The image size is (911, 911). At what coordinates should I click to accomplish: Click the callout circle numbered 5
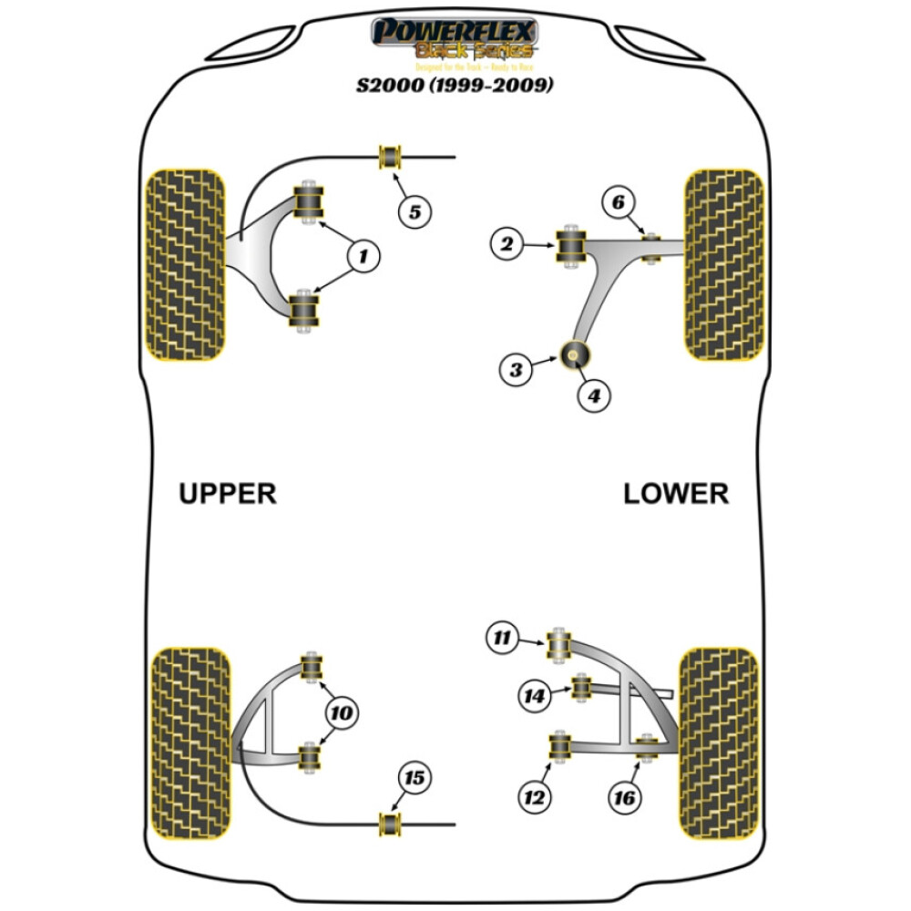click(x=415, y=213)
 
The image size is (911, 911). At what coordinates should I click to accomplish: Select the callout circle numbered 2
click(x=507, y=243)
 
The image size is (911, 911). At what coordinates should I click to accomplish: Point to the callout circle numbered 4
click(x=593, y=396)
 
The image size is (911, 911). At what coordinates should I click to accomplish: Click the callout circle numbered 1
click(x=363, y=258)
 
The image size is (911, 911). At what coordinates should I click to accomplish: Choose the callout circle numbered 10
click(x=341, y=713)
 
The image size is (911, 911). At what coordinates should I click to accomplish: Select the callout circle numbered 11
click(x=501, y=639)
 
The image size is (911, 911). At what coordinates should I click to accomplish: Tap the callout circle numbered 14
click(x=535, y=697)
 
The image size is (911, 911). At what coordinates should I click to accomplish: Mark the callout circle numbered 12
click(x=534, y=798)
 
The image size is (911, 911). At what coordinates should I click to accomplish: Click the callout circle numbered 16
click(x=625, y=798)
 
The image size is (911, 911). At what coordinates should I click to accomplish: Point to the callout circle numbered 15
click(x=415, y=778)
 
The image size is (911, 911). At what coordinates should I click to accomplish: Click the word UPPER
click(x=227, y=494)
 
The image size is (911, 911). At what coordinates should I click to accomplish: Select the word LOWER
click(x=676, y=494)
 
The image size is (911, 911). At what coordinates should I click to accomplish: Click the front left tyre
click(x=185, y=264)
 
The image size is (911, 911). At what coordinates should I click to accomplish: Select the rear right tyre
click(x=720, y=744)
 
